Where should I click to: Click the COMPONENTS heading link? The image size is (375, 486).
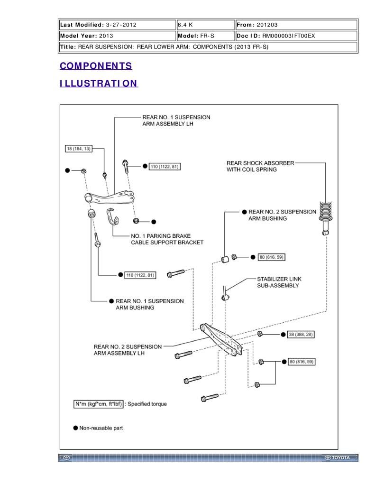pyautogui.click(x=96, y=66)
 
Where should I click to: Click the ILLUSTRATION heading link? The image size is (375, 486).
pyautogui.click(x=99, y=84)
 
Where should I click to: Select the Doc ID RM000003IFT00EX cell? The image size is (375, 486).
pyautogui.click(x=296, y=36)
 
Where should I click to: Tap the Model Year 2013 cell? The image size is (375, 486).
pyautogui.click(x=117, y=36)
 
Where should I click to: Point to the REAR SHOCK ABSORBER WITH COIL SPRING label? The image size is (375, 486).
pyautogui.click(x=260, y=166)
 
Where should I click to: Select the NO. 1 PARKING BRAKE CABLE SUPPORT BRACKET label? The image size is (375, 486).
pyautogui.click(x=167, y=239)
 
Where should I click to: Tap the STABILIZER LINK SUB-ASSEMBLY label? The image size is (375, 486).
pyautogui.click(x=279, y=282)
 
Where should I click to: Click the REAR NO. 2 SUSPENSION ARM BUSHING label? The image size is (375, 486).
pyautogui.click(x=282, y=215)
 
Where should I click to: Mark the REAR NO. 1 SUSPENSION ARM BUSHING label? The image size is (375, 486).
pyautogui.click(x=149, y=304)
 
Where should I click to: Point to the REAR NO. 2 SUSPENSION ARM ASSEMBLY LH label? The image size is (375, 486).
pyautogui.click(x=128, y=350)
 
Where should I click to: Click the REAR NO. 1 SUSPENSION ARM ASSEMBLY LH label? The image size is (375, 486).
pyautogui.click(x=176, y=120)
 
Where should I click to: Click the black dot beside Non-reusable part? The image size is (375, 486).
pyautogui.click(x=75, y=428)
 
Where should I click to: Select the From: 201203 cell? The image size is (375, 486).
pyautogui.click(x=296, y=25)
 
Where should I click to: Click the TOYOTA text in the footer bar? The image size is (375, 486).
pyautogui.click(x=340, y=458)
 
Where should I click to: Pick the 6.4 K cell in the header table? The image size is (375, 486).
pyautogui.click(x=205, y=25)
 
